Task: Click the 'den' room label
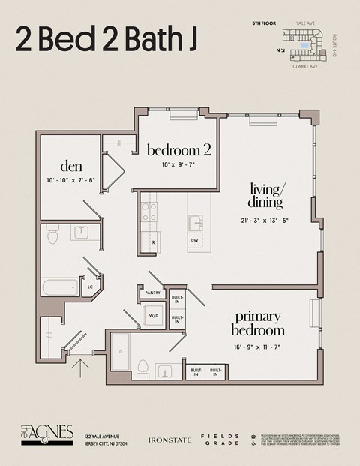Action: tap(71, 166)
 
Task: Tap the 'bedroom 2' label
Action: tap(178, 150)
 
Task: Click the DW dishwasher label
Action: tap(194, 239)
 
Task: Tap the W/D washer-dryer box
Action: tap(154, 317)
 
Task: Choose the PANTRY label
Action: tap(152, 293)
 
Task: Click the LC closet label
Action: tap(91, 286)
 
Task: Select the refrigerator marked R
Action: tap(153, 243)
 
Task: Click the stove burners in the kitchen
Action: tap(149, 211)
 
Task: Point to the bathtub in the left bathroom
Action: tap(61, 287)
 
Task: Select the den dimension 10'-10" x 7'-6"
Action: tap(71, 180)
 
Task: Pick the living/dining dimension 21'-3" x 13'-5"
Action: tap(265, 221)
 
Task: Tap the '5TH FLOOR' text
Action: tap(265, 24)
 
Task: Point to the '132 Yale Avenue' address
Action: tap(103, 435)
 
